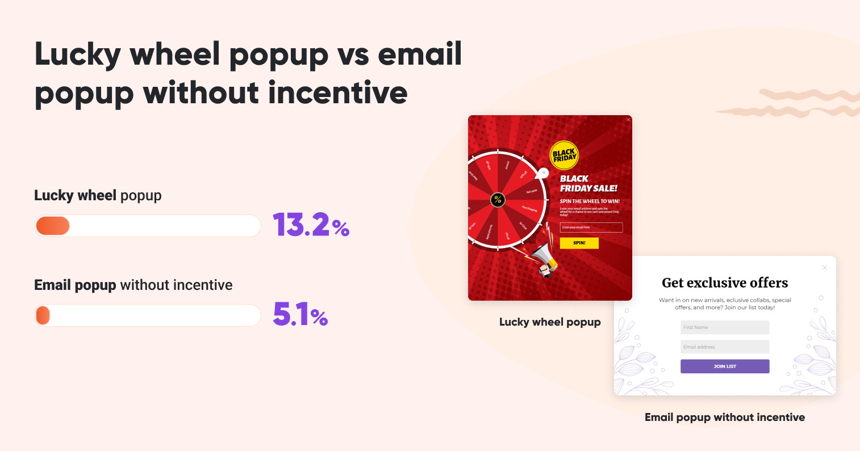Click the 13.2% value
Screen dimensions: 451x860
(x=311, y=225)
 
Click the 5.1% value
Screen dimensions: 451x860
(x=300, y=314)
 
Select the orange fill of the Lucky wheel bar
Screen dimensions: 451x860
(x=53, y=226)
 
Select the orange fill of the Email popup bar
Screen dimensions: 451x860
(x=43, y=315)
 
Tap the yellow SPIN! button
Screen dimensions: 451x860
(x=579, y=243)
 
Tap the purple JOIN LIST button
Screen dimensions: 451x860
(x=725, y=366)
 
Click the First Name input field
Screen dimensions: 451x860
(x=725, y=327)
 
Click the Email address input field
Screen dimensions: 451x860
(x=725, y=347)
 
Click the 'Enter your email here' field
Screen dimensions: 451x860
(x=591, y=227)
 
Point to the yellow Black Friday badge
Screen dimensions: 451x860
(x=564, y=155)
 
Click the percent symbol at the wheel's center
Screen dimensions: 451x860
(x=498, y=199)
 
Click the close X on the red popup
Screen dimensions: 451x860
(x=628, y=120)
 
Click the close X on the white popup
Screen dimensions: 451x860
(x=825, y=267)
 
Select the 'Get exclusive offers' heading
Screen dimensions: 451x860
(x=725, y=283)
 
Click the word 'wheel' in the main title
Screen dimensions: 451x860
(x=175, y=55)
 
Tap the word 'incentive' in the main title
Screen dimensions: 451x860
(x=338, y=92)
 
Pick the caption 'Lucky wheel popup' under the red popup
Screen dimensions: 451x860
(x=550, y=322)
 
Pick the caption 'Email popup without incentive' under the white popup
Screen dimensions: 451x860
(x=725, y=418)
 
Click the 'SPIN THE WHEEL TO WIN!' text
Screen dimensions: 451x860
(x=590, y=201)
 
